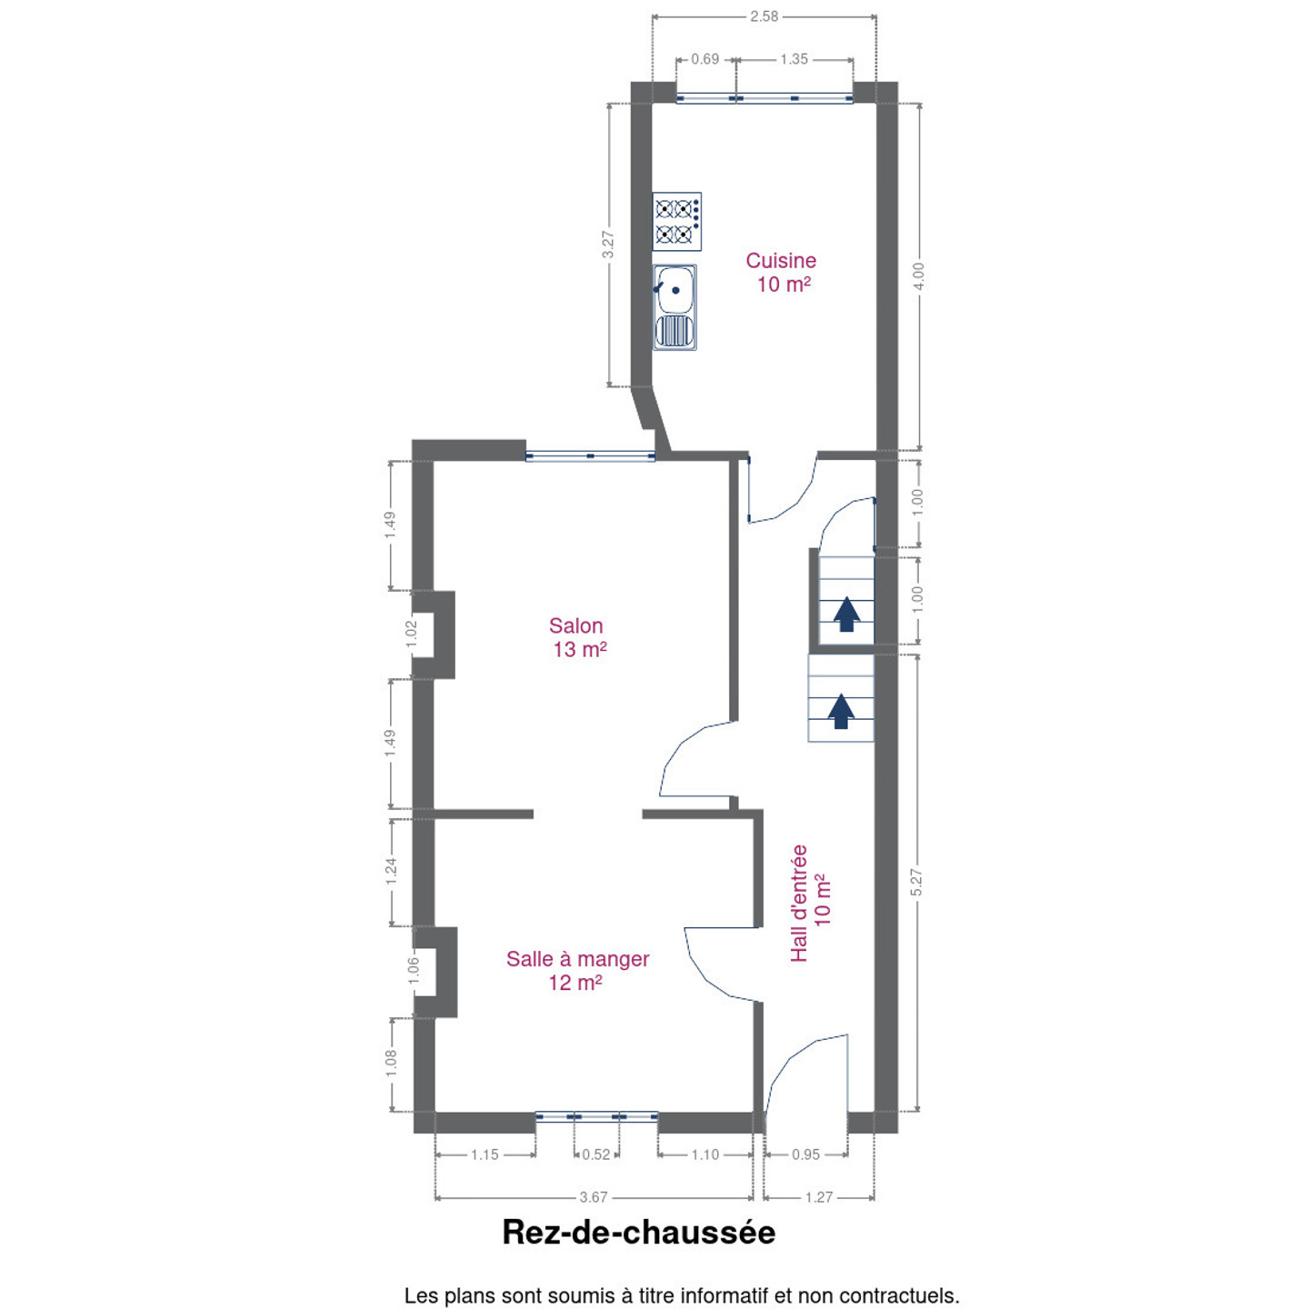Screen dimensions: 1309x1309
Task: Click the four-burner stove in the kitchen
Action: (676, 222)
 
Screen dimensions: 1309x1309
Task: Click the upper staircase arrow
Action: (846, 615)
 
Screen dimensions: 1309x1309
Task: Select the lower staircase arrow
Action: (841, 711)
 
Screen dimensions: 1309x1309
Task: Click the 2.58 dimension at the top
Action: (764, 16)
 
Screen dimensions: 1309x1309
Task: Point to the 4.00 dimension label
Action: (918, 276)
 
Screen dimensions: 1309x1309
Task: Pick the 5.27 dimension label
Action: (916, 883)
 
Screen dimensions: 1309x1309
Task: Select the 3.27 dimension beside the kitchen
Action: (608, 244)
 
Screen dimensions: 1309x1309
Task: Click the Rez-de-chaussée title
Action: (638, 1233)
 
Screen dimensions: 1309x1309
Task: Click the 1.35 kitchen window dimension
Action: (794, 59)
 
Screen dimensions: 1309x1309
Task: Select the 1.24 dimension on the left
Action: (391, 872)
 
